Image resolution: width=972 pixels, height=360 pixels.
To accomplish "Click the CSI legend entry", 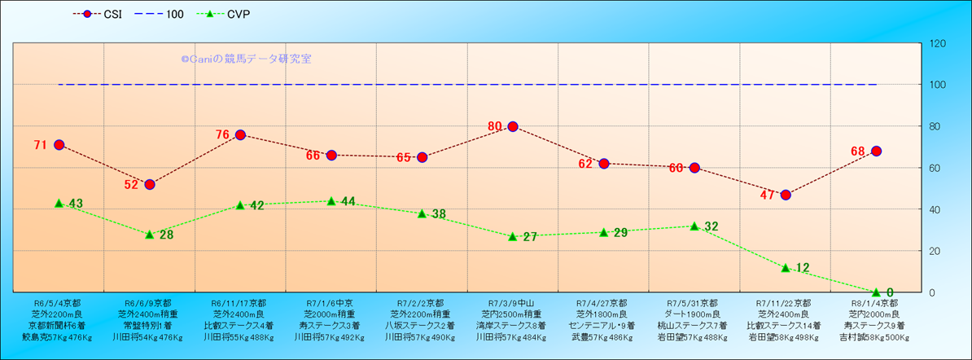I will coord(98,14).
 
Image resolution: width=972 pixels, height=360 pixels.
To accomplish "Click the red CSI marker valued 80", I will coord(513,126).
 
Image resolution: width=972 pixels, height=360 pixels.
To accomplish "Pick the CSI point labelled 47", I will coord(786,195).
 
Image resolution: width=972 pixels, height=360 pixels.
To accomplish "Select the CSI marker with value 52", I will coord(150,184).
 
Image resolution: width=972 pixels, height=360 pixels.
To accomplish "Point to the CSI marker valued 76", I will coord(240,134).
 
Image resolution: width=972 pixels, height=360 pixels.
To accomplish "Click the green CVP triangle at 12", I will coord(786,267).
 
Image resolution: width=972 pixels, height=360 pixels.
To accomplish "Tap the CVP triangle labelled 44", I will coord(331,200).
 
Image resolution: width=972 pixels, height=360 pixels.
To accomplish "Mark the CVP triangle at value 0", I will coord(876,292).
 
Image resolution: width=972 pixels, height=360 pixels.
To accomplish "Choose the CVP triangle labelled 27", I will coord(513,236).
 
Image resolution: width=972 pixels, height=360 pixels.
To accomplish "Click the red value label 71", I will coord(40,145).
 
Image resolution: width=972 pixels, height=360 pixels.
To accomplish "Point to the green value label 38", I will coord(439,214).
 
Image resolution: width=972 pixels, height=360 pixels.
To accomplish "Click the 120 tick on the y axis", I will coord(937,43).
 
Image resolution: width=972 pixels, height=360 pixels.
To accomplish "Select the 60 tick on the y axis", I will coord(935,168).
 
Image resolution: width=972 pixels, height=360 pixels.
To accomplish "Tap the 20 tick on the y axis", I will coord(935,251).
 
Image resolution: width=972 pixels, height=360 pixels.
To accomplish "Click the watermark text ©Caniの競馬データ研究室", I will coord(246,59).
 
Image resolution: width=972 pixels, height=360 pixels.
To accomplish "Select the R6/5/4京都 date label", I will coord(58,302).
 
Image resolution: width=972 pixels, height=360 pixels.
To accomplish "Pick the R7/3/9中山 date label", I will coord(512,302).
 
